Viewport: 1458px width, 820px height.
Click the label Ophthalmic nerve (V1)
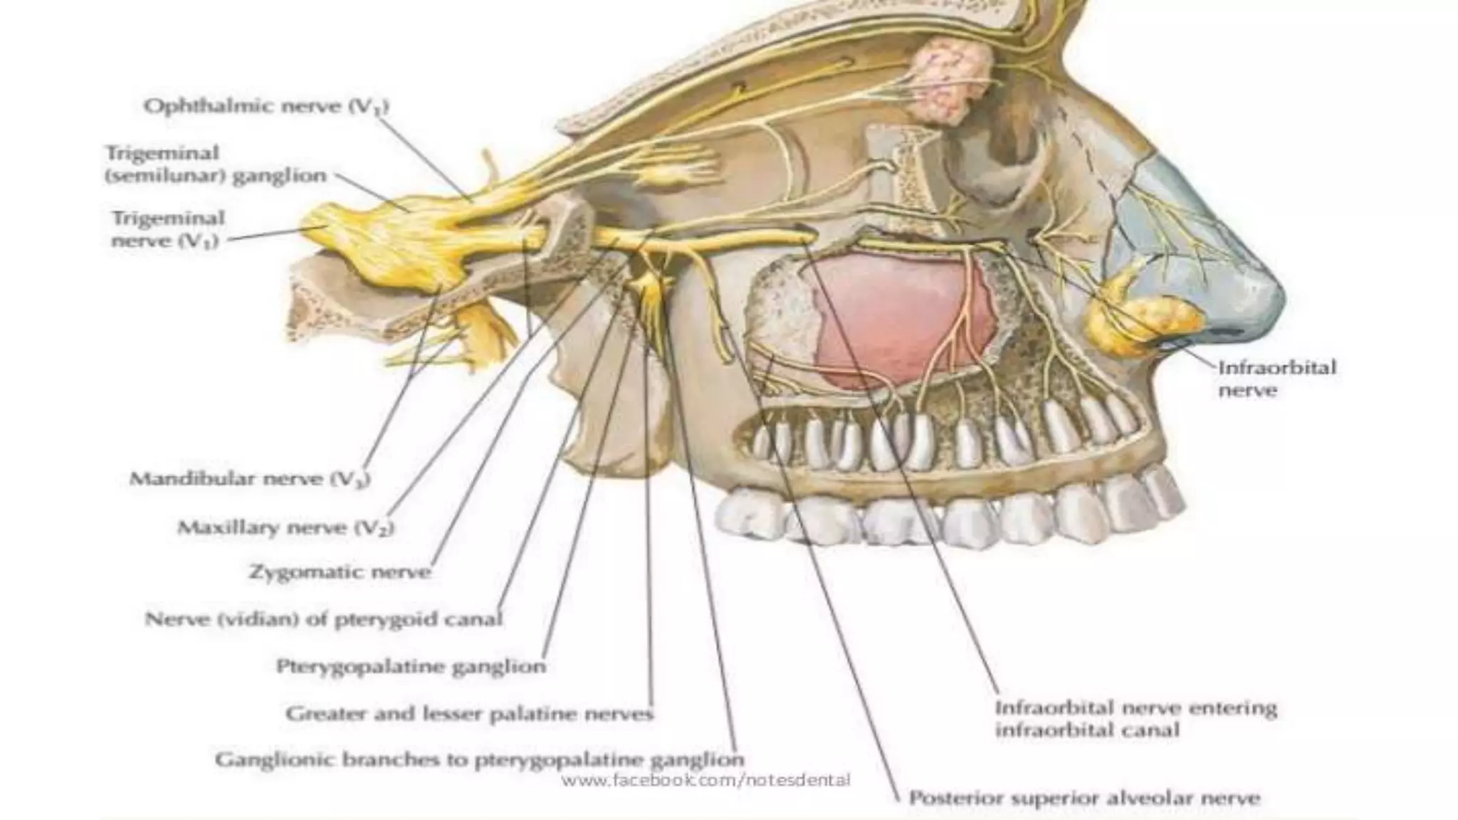coord(266,107)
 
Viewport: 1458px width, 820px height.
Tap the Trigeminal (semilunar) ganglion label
coord(216,164)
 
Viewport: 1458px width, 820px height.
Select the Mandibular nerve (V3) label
coord(249,479)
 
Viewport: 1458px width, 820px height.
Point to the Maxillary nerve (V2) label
coord(285,528)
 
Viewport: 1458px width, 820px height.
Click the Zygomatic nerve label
coord(340,572)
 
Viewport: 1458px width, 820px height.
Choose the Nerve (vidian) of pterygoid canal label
coord(324,619)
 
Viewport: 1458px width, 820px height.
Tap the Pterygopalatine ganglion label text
coord(411,667)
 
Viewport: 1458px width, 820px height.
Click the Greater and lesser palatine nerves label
coord(469,713)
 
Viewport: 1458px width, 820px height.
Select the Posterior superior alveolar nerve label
coord(1084,799)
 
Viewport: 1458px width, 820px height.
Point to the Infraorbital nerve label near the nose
coord(1277,379)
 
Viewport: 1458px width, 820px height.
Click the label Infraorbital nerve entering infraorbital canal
coord(1136,719)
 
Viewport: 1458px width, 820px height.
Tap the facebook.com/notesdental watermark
coord(706,780)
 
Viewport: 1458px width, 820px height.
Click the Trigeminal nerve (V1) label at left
coord(167,229)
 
